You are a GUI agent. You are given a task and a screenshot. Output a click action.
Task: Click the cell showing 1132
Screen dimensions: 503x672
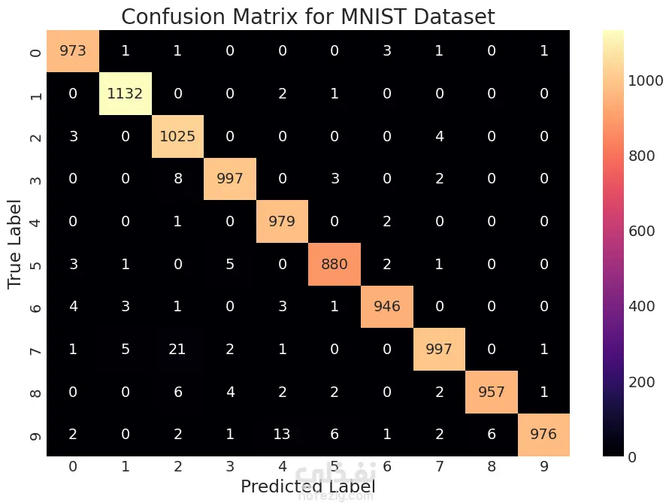click(x=125, y=94)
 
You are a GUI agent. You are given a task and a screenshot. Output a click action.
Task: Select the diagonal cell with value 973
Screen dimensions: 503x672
click(x=73, y=51)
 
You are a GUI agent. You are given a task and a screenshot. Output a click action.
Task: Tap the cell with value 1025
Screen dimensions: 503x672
click(x=177, y=137)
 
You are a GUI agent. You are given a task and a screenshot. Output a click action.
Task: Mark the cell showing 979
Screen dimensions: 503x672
click(x=282, y=223)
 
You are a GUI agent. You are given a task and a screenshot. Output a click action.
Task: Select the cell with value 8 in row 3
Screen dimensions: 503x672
click(x=177, y=180)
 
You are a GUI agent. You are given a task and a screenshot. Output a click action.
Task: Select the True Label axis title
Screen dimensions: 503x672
click(x=16, y=244)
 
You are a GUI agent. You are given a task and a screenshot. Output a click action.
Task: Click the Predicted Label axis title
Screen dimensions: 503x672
click(x=307, y=486)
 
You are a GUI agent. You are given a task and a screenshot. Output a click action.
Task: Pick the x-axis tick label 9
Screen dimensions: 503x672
click(x=544, y=467)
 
